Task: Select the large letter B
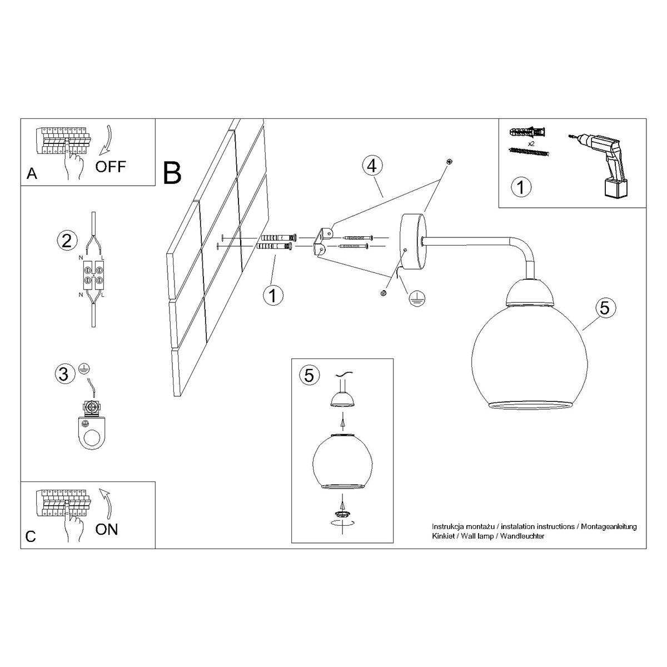[172, 172]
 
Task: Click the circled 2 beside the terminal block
[66, 240]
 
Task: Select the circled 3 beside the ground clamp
[64, 374]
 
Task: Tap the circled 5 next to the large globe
[605, 307]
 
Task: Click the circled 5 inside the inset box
[309, 375]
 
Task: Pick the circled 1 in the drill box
[520, 187]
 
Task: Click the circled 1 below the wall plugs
[272, 295]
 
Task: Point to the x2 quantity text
[531, 143]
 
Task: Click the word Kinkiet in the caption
[442, 536]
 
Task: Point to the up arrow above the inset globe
[342, 425]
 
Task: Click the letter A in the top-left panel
[32, 175]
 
